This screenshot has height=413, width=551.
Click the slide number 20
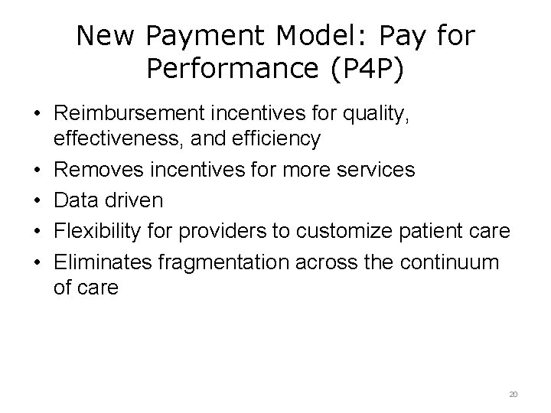pos(514,394)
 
